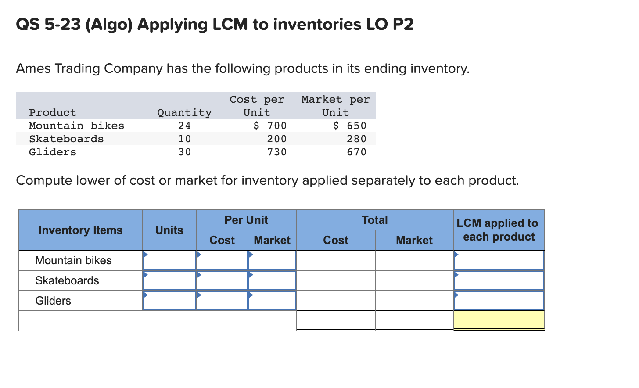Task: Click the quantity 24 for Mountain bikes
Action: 184,126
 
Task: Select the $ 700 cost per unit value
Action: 270,126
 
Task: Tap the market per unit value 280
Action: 356,139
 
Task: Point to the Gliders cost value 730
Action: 277,152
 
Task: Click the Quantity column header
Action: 184,113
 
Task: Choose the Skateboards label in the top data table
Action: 66,139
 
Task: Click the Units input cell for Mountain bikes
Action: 169,261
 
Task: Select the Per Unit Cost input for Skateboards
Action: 222,281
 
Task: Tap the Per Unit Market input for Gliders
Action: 272,301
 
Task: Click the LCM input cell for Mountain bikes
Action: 499,261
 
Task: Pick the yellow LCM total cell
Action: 499,320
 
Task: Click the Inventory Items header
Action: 80,230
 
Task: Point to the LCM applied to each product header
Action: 499,230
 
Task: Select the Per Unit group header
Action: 246,220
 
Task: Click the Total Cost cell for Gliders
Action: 336,301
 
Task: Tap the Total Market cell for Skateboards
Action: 414,281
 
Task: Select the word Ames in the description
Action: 34,69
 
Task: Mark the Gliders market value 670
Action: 356,152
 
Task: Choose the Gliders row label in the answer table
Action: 53,301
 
